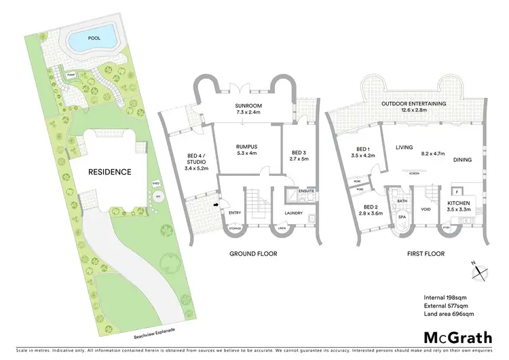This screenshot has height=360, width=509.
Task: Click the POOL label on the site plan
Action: tap(94, 39)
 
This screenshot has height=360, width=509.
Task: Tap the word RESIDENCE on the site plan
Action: tap(109, 172)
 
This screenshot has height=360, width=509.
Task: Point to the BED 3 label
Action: tap(299, 152)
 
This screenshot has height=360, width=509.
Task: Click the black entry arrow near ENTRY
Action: tap(216, 203)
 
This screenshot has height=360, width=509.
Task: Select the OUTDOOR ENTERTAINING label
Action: tap(413, 103)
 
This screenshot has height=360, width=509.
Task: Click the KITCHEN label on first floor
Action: tap(459, 203)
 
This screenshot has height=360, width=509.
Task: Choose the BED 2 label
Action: tap(370, 206)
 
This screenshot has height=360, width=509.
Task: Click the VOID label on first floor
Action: tap(426, 209)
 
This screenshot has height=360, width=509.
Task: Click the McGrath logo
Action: tap(453, 338)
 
